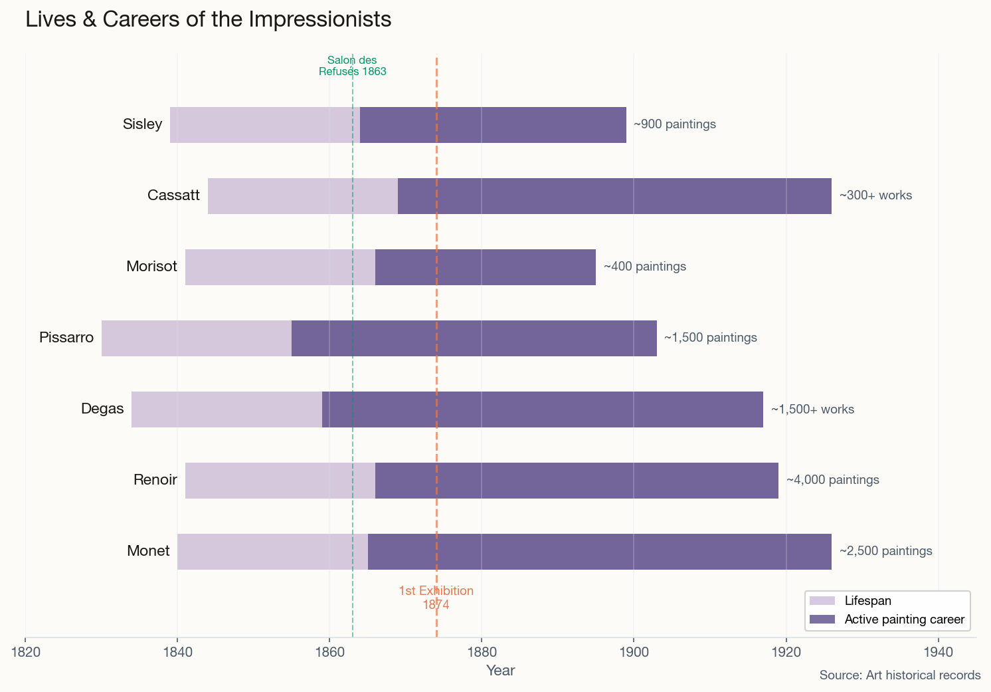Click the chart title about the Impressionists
[208, 19]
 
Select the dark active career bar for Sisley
[493, 125]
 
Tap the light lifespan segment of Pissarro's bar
[196, 338]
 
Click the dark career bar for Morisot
[485, 267]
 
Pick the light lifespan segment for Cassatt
[302, 196]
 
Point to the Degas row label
[102, 409]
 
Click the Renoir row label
[155, 480]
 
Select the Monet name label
[148, 551]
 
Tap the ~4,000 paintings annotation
[832, 480]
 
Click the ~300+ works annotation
[875, 195]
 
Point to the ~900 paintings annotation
[674, 124]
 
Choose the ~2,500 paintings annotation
[885, 551]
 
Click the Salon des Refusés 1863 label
[352, 66]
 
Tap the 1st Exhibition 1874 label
[436, 598]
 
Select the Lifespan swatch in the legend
[822, 601]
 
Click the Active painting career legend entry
[903, 620]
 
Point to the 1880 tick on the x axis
[482, 651]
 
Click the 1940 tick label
[938, 651]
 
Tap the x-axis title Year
[500, 671]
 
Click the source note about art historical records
[899, 675]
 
